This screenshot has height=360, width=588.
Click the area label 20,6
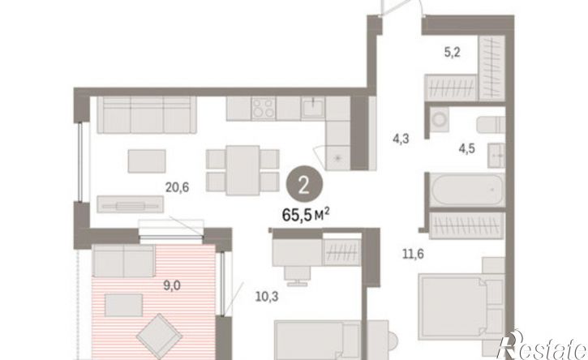(178, 186)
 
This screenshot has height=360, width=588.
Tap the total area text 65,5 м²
(306, 215)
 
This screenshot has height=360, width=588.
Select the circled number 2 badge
(304, 185)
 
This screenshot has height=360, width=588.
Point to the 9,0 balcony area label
(172, 285)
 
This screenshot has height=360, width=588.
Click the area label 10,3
(267, 297)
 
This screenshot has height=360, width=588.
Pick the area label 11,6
(413, 254)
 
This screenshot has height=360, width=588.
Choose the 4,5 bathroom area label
(466, 148)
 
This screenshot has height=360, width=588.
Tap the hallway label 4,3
(401, 139)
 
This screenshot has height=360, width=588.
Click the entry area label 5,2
(453, 52)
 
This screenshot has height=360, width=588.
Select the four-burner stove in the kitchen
(264, 108)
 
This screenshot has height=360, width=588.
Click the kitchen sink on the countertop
(312, 108)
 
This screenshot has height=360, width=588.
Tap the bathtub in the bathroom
(467, 190)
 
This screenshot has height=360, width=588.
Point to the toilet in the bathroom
(491, 125)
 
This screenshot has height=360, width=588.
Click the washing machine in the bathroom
(439, 120)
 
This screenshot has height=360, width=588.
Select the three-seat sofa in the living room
(147, 115)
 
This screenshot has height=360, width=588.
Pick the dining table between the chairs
(243, 170)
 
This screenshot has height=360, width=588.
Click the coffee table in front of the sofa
(147, 161)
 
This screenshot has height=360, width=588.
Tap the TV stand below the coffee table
(130, 204)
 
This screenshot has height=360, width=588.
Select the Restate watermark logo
(542, 345)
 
